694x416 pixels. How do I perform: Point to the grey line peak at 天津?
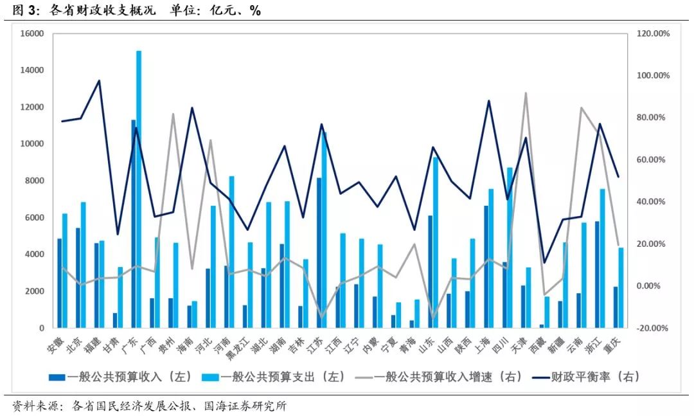point(526,93)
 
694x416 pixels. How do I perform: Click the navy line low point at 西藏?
point(544,262)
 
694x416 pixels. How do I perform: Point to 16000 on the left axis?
point(31,33)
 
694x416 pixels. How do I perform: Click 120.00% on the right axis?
point(652,33)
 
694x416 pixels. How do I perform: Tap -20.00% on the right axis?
point(652,328)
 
